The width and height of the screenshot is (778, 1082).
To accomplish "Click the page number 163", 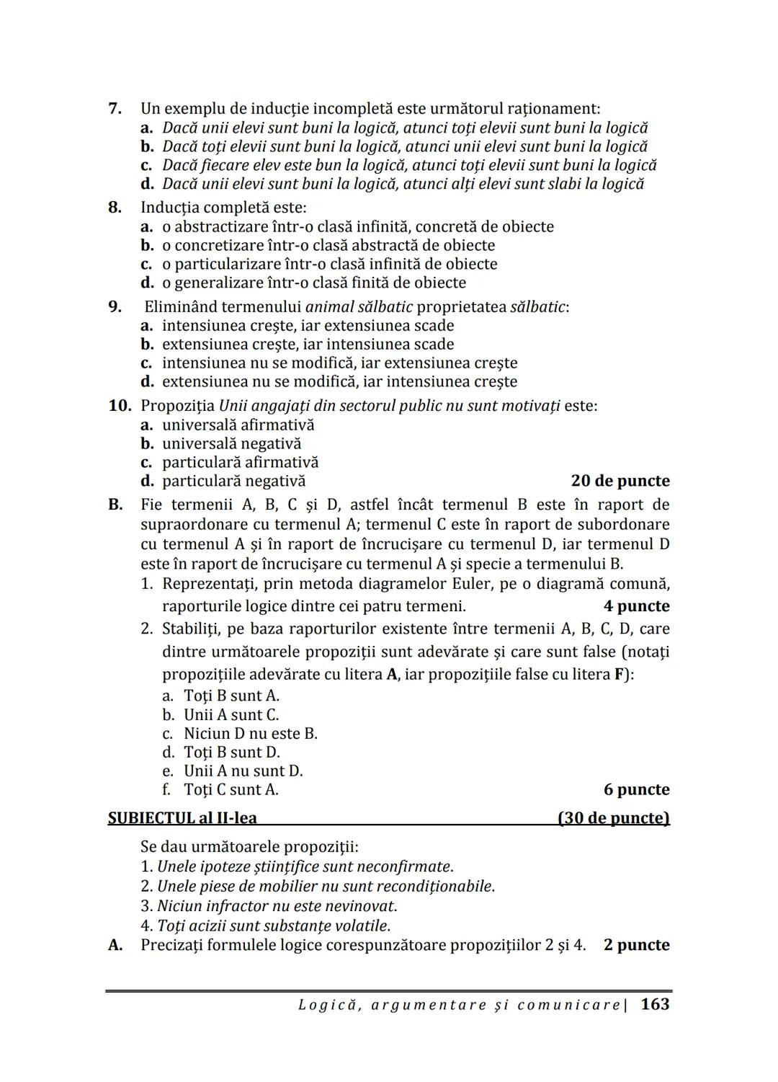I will click(654, 1004).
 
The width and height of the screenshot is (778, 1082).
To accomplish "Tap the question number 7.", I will click(115, 109).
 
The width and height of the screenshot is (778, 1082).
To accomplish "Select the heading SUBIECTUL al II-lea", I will click(182, 818).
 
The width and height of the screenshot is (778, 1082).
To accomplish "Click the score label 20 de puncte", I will click(620, 481).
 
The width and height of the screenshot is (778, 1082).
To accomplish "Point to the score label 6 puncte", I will click(636, 789).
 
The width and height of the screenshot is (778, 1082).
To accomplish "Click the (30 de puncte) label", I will click(613, 818).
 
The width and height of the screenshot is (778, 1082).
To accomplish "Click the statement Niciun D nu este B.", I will click(250, 734).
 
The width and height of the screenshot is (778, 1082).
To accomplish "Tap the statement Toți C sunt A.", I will click(231, 789).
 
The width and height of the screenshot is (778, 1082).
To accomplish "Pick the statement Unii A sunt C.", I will click(231, 715).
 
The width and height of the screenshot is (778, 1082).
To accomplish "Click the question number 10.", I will click(120, 405).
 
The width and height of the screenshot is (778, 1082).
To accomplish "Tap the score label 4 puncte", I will click(636, 606).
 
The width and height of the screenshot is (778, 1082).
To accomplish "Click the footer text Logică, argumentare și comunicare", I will click(460, 1005).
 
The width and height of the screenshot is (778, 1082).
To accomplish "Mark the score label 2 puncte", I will click(636, 945).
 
